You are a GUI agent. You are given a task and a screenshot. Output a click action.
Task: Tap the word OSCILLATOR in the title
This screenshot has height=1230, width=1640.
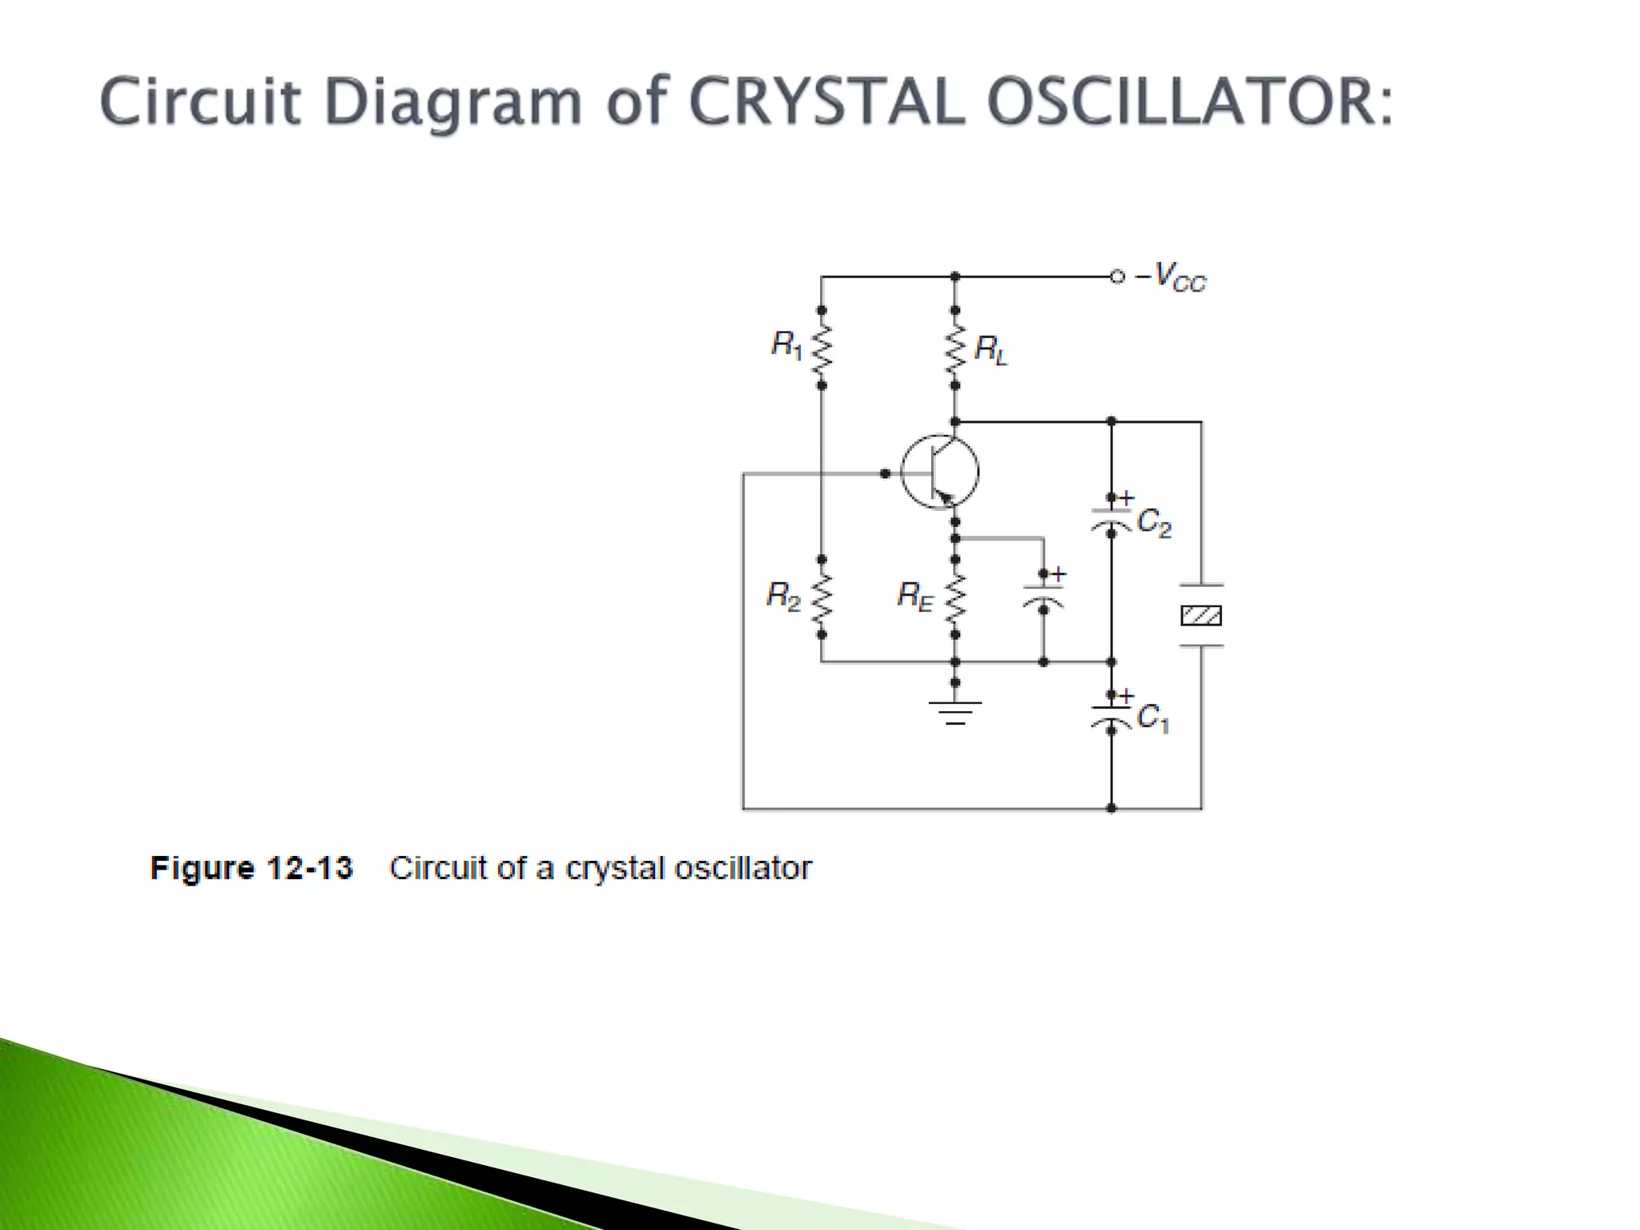1188,102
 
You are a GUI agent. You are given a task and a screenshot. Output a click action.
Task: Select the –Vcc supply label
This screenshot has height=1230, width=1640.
1171,277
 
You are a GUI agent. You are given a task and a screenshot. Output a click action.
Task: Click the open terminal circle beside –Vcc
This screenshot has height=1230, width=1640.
1117,277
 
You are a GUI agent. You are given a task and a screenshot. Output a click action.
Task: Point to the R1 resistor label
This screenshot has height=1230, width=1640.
786,345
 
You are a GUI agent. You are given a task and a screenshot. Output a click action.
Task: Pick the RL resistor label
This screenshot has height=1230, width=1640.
991,350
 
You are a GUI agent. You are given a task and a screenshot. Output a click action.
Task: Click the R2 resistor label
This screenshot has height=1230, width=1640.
782,596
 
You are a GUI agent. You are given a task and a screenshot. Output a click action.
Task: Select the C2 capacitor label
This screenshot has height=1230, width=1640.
1154,523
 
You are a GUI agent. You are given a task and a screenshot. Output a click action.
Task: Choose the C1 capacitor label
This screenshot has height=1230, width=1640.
1153,717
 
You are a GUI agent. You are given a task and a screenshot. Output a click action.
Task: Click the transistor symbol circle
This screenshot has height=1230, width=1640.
939,472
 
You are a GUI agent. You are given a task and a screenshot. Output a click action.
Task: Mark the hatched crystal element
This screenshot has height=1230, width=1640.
1201,616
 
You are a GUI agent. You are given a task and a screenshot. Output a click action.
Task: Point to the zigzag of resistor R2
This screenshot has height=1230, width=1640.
822,597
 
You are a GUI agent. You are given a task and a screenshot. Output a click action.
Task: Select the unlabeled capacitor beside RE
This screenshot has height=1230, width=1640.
1043,597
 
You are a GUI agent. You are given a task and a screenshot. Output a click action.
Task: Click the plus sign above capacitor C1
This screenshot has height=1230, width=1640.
1127,696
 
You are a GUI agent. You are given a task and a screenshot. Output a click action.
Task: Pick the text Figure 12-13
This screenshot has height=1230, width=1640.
251,868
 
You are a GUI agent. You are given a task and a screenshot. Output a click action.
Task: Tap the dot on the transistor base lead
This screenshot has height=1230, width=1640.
885,473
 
